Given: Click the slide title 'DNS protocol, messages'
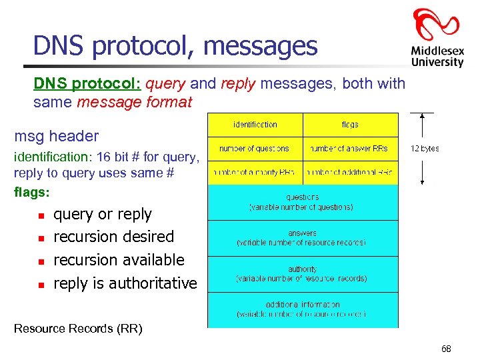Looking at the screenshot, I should pyautogui.click(x=175, y=45).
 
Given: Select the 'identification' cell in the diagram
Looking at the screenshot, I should pyautogui.click(x=255, y=125).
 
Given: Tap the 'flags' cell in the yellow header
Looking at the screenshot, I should pyautogui.click(x=350, y=125).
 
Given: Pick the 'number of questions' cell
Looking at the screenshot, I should pyautogui.click(x=255, y=149).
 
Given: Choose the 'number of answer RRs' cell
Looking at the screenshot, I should pyautogui.click(x=350, y=149).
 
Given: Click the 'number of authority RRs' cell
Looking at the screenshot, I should pyautogui.click(x=255, y=172).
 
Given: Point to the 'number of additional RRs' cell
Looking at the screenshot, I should pyautogui.click(x=350, y=172).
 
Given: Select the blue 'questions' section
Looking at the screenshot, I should pyautogui.click(x=302, y=202).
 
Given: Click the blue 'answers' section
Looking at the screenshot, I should pyautogui.click(x=302, y=238).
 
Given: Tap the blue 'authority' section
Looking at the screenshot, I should pyautogui.click(x=302, y=274).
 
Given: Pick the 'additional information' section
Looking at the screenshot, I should pyautogui.click(x=302, y=309).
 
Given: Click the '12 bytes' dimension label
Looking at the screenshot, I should pyautogui.click(x=425, y=149).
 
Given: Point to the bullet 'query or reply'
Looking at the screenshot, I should pyautogui.click(x=103, y=214).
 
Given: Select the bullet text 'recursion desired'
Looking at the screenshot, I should pyautogui.click(x=113, y=237).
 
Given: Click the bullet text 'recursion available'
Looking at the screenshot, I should pyautogui.click(x=119, y=259).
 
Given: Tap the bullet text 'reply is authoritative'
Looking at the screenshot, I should pyautogui.click(x=125, y=283).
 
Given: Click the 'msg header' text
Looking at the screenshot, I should pyautogui.click(x=57, y=136).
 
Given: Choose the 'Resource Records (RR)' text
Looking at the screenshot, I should pyautogui.click(x=78, y=328).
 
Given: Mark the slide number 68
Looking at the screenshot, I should pyautogui.click(x=446, y=349).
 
